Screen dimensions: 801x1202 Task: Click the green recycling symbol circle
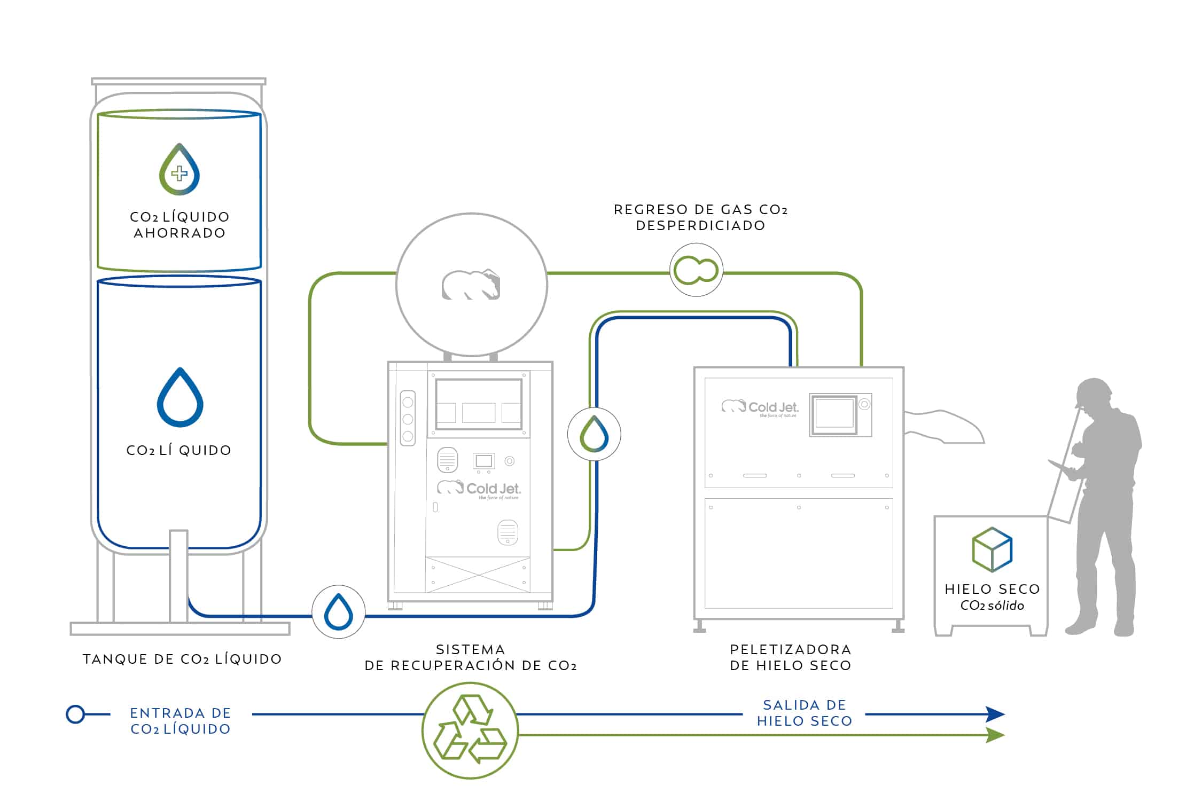[470, 729]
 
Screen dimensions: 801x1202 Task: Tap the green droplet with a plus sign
[179, 170]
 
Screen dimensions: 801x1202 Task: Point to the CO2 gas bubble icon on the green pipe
[696, 270]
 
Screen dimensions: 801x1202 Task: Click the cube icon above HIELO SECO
[992, 549]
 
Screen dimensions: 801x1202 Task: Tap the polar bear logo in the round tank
[471, 285]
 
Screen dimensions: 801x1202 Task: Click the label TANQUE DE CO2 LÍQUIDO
[182, 659]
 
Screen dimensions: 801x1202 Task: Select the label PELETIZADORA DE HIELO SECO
[791, 657]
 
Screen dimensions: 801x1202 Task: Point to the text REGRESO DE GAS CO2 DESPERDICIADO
[700, 217]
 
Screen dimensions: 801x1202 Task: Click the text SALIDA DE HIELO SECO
[805, 713]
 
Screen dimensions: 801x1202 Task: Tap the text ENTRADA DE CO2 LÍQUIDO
[181, 721]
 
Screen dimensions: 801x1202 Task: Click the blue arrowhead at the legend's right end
[995, 714]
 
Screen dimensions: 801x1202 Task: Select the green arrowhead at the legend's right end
[995, 735]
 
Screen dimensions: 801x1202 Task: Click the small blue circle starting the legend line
[75, 714]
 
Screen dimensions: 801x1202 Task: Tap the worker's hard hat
[1092, 391]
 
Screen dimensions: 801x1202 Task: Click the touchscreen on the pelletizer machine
[834, 413]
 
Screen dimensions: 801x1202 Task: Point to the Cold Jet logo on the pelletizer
[760, 408]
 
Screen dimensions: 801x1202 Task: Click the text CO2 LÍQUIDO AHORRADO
[179, 225]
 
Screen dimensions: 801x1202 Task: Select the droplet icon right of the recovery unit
[594, 434]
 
